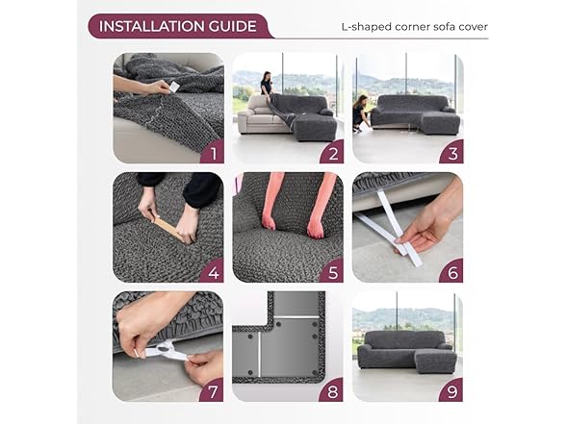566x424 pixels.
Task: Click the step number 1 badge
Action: [x=214, y=153]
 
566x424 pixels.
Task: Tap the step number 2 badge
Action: [x=333, y=153]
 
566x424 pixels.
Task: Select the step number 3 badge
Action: [x=452, y=153]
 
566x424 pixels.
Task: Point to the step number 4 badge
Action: [x=214, y=272]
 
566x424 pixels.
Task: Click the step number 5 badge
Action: [x=333, y=272]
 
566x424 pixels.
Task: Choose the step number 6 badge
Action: [x=452, y=272]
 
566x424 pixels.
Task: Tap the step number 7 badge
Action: [x=213, y=391]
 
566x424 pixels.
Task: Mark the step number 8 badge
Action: [x=332, y=391]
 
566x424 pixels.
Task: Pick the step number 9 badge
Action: [x=452, y=391]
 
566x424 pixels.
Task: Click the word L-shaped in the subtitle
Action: [x=367, y=27]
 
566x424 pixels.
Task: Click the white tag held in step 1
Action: [x=174, y=87]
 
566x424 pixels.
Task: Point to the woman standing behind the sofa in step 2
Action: [x=267, y=84]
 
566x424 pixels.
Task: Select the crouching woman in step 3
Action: [x=361, y=113]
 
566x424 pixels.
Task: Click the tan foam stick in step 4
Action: [x=168, y=228]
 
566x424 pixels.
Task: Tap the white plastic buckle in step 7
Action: [x=166, y=349]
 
